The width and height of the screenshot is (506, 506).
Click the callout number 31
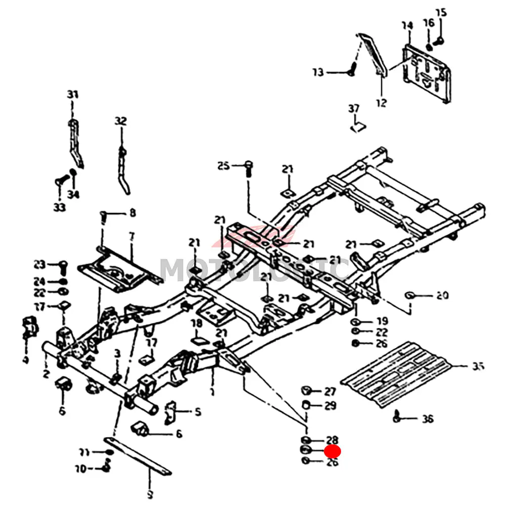(73, 95)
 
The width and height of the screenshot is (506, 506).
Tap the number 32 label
(120, 121)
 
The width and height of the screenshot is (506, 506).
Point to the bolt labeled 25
(248, 167)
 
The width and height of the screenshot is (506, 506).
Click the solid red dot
(333, 451)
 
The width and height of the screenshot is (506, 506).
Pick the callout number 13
(318, 73)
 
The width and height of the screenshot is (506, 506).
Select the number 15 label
(441, 13)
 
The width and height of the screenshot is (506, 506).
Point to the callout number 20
(442, 296)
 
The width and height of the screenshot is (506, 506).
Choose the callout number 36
(428, 419)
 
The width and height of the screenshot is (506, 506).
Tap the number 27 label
(330, 391)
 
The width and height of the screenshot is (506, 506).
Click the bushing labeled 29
(306, 405)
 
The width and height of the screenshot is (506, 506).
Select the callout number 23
(39, 264)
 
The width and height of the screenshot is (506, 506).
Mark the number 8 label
(133, 213)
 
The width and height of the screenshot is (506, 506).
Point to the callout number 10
(80, 469)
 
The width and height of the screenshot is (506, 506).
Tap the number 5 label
(197, 412)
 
